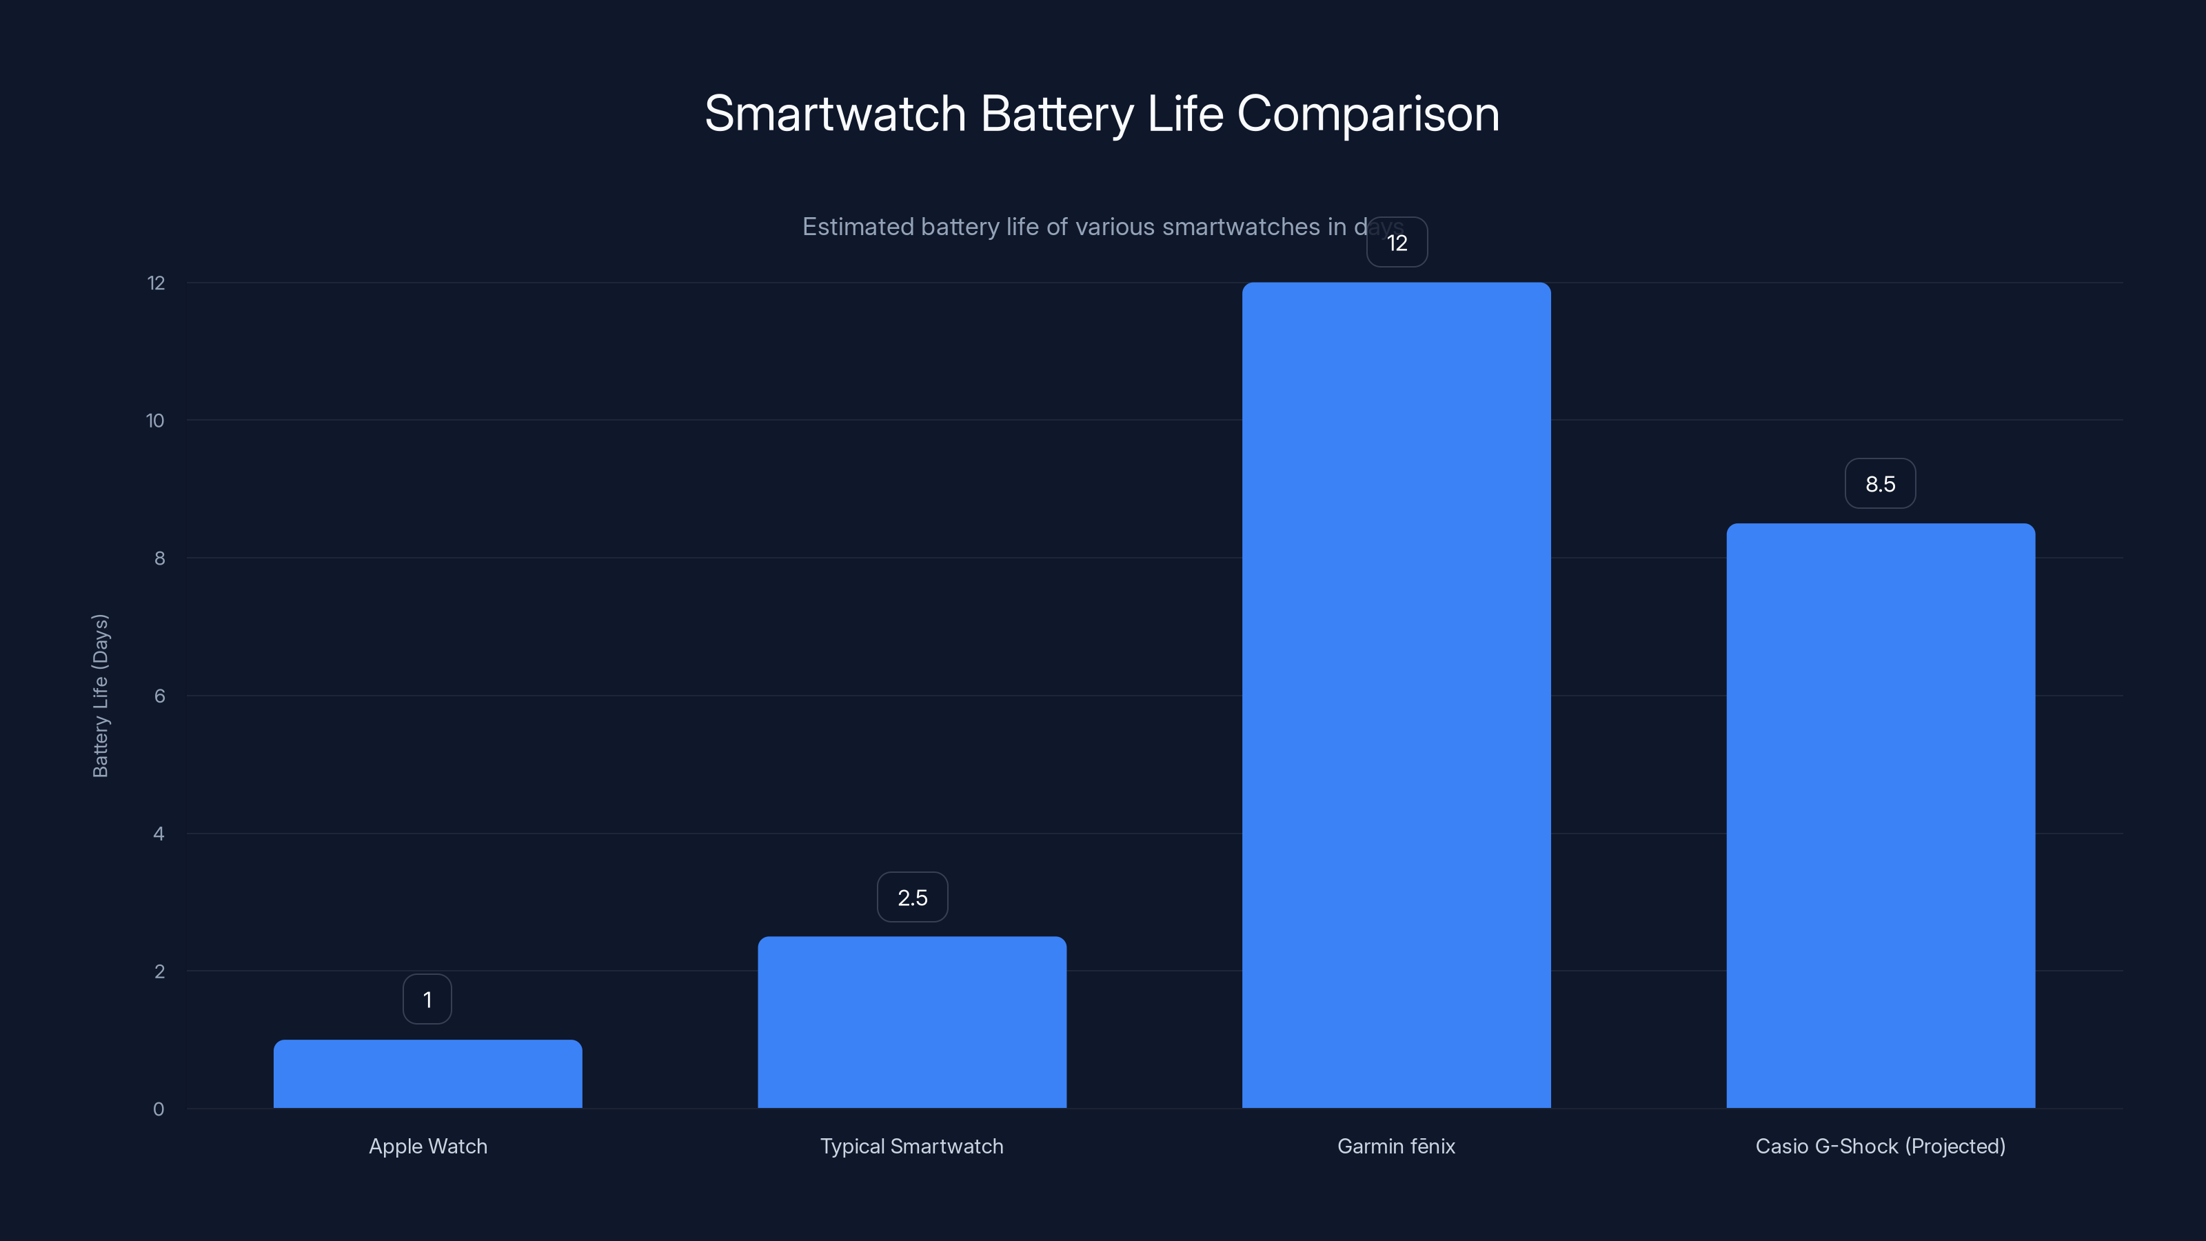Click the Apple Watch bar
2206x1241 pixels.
[x=427, y=1074]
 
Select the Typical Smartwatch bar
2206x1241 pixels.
[x=912, y=1022]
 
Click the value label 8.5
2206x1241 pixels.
[x=1880, y=484]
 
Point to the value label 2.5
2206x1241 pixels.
[x=912, y=898]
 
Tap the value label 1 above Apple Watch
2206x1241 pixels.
[x=427, y=1000]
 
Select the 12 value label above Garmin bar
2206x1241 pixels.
[x=1397, y=243]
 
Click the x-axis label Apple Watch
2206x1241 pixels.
[x=427, y=1146]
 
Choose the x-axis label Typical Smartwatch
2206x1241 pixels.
[x=912, y=1146]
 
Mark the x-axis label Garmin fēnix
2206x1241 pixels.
[x=1396, y=1146]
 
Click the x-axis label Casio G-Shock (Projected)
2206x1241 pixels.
[x=1881, y=1146]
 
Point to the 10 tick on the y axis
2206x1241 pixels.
[x=155, y=421]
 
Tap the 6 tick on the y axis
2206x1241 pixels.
[x=159, y=696]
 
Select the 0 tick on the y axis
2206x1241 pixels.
[x=159, y=1109]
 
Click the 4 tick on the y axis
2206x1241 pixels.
[x=159, y=834]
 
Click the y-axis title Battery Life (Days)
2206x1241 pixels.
[x=100, y=696]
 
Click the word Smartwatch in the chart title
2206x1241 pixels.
[x=835, y=114]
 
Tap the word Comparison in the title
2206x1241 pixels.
[x=1368, y=114]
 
